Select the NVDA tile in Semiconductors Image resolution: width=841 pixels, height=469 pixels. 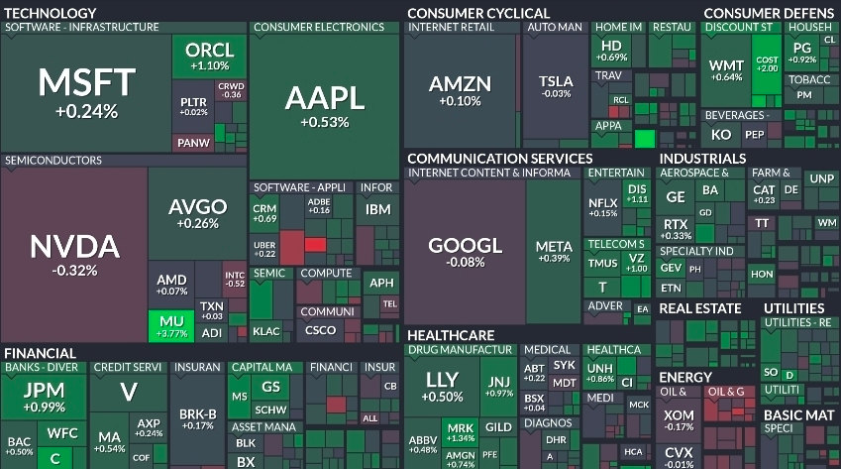coord(74,253)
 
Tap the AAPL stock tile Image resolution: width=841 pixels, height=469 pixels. coord(325,104)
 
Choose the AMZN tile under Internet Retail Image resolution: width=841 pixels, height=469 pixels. coord(460,90)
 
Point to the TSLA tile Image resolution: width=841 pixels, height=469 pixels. coord(555,86)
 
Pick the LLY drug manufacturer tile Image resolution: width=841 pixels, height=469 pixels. coord(442,387)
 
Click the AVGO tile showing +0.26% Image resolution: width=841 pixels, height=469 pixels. coord(197,213)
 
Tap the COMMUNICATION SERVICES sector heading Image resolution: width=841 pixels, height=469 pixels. coord(499,159)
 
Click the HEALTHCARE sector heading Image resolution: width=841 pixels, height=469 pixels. coord(451,335)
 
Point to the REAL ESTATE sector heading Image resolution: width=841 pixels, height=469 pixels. coord(699,308)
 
